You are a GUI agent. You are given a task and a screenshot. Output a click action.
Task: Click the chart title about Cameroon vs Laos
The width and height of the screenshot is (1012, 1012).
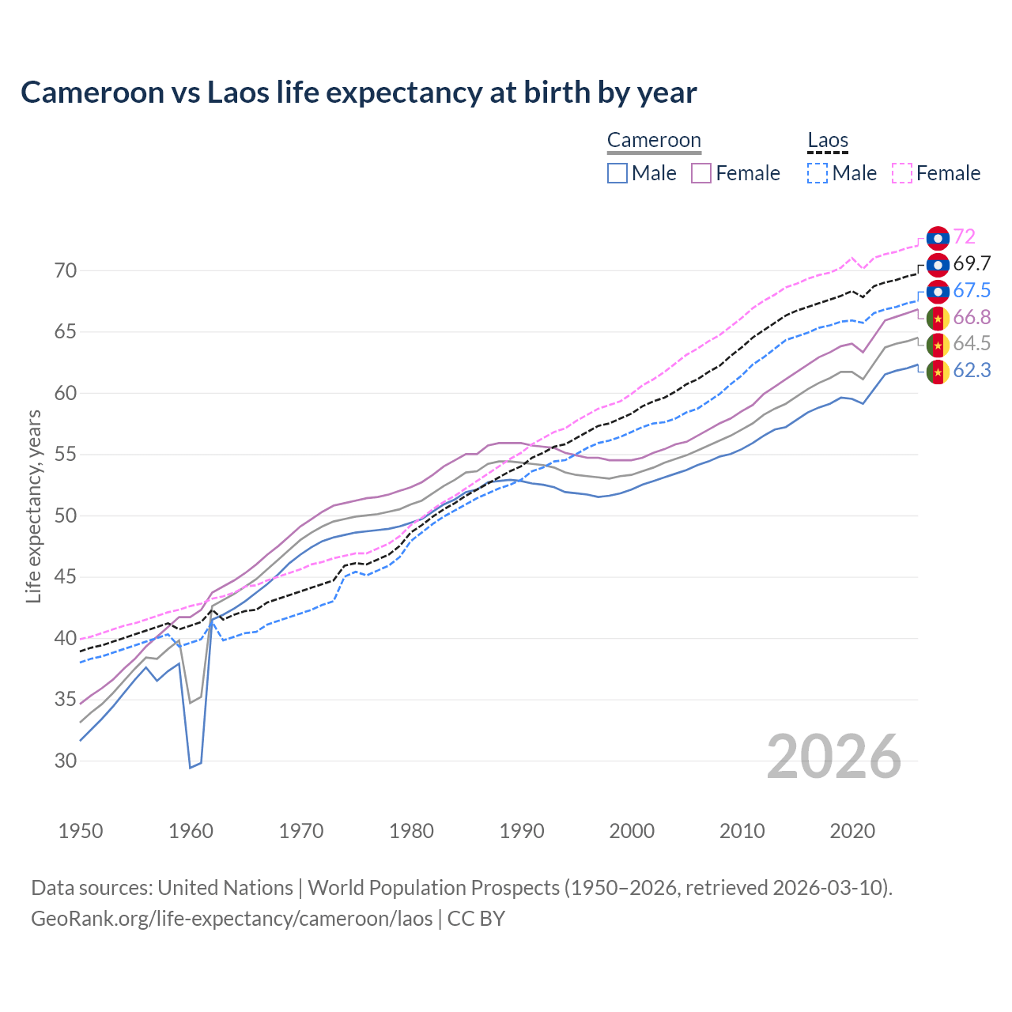coord(358,93)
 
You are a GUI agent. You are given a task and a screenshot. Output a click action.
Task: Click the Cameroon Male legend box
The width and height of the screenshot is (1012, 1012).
coord(617,173)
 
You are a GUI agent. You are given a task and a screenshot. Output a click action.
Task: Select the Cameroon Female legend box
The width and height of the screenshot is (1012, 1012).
coord(701,173)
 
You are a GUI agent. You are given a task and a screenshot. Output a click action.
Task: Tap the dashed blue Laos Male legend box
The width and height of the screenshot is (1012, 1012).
coord(818,173)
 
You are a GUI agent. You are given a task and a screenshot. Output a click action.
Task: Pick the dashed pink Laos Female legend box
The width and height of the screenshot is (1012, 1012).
coord(902,173)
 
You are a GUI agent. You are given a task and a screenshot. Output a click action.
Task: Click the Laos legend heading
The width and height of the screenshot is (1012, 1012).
coord(828,141)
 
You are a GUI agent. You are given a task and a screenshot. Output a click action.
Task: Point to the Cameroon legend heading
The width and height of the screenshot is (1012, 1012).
coord(654,141)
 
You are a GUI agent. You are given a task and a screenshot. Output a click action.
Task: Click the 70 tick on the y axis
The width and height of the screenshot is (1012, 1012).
coord(66,271)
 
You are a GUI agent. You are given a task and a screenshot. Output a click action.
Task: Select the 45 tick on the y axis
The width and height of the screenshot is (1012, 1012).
coord(66,577)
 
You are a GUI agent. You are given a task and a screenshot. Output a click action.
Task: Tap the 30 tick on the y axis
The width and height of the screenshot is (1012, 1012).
coord(66,761)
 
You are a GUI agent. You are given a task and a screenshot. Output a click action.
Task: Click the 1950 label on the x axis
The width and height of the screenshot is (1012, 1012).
coord(81,831)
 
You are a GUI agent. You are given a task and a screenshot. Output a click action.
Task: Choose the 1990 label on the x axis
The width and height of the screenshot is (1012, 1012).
coord(522,831)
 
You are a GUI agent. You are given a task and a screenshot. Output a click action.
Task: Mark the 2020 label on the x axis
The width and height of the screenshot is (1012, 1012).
coord(852,831)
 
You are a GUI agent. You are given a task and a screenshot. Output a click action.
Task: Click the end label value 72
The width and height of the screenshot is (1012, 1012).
coord(964,237)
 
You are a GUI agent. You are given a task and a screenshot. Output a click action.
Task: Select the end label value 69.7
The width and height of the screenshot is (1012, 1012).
coord(972,264)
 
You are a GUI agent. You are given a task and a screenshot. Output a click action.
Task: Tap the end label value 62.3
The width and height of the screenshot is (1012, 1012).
coord(972,370)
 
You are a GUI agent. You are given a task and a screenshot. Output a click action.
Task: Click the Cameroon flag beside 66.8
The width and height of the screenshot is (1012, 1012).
coord(938,318)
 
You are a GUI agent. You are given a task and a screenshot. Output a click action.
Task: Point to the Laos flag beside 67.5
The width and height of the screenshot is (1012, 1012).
coord(938,291)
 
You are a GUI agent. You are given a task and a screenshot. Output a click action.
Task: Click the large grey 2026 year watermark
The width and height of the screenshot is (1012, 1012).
coord(833,757)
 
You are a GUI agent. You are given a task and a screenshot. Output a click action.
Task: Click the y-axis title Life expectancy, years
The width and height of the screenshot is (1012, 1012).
coord(33,506)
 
